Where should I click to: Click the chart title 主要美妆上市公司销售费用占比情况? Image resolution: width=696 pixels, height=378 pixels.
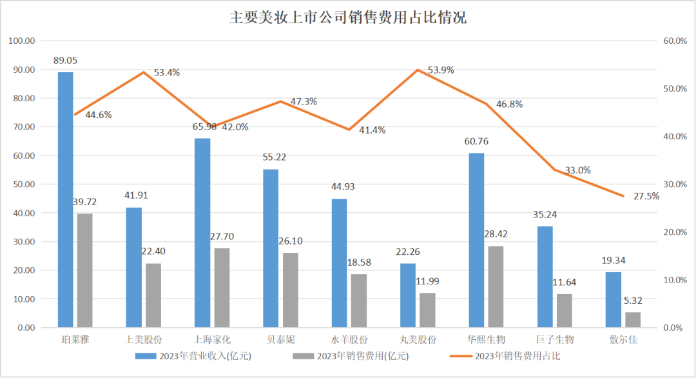click(347, 17)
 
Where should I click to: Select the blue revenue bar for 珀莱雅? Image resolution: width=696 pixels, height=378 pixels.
click(66, 200)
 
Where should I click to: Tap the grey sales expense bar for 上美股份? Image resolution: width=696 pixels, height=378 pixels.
click(153, 295)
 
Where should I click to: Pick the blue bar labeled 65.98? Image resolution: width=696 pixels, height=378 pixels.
click(202, 233)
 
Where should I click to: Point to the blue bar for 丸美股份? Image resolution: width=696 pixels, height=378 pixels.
click(407, 295)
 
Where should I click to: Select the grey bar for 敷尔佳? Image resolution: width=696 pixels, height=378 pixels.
click(632, 320)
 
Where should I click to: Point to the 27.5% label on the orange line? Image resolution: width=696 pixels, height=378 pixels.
click(646, 196)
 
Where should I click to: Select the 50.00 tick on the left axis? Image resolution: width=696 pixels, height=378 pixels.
click(22, 184)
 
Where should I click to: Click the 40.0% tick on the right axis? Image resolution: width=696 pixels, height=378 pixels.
click(675, 137)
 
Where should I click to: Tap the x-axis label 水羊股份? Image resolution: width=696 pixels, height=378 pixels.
click(349, 339)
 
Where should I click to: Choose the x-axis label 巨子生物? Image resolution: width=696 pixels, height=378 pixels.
click(554, 339)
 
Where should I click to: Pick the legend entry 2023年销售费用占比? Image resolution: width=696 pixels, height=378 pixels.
click(521, 355)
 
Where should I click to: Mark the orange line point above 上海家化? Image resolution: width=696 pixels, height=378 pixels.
click(212, 127)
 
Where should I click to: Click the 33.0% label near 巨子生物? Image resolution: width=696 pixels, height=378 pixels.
click(577, 170)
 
